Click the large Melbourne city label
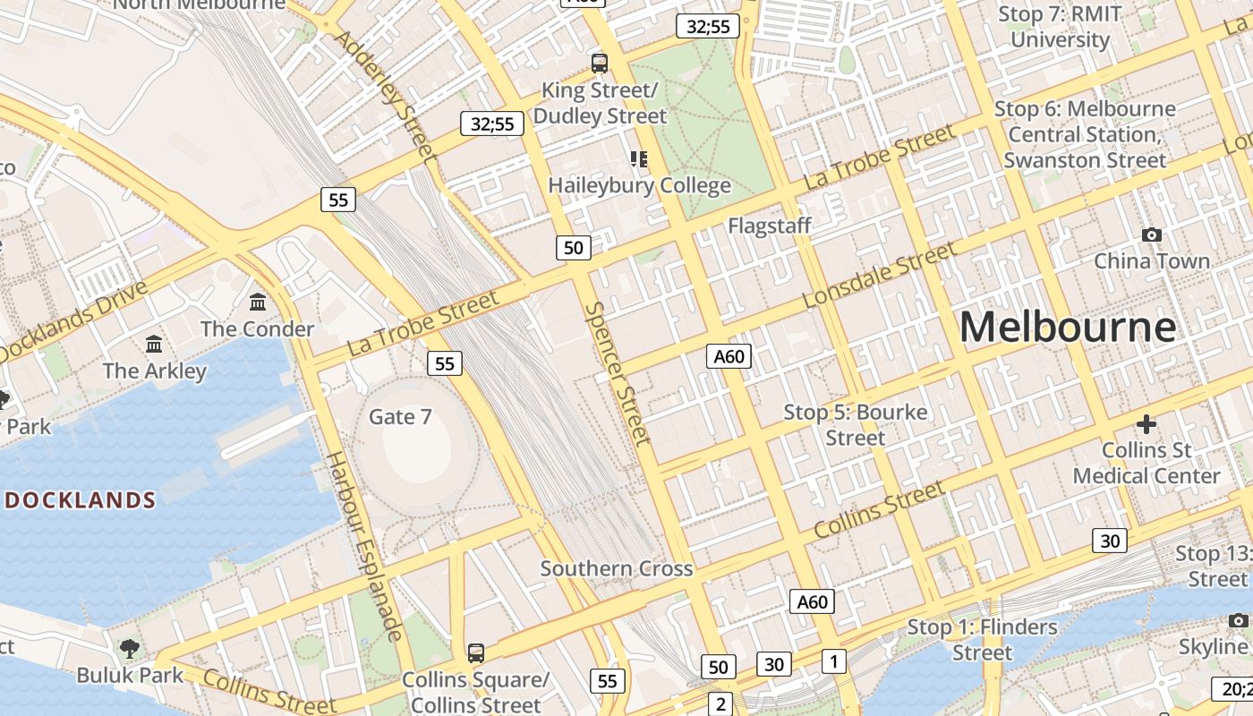click(x=1067, y=327)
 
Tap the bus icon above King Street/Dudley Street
click(x=600, y=63)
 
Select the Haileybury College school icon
click(x=638, y=159)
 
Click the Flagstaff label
click(x=769, y=226)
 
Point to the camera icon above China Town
click(x=1152, y=234)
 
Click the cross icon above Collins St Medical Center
click(x=1146, y=423)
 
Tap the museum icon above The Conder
click(x=258, y=302)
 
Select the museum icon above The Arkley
click(x=154, y=344)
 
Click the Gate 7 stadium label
click(x=400, y=416)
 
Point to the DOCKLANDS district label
click(x=81, y=500)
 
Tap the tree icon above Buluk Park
click(x=130, y=647)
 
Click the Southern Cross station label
click(x=616, y=568)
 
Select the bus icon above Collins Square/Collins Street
click(x=475, y=652)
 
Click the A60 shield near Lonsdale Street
click(x=729, y=356)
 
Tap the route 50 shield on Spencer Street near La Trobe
click(x=574, y=248)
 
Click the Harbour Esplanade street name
click(x=362, y=546)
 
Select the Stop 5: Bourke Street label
click(x=855, y=425)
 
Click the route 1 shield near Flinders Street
click(x=833, y=661)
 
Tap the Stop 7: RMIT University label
click(x=1060, y=27)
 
